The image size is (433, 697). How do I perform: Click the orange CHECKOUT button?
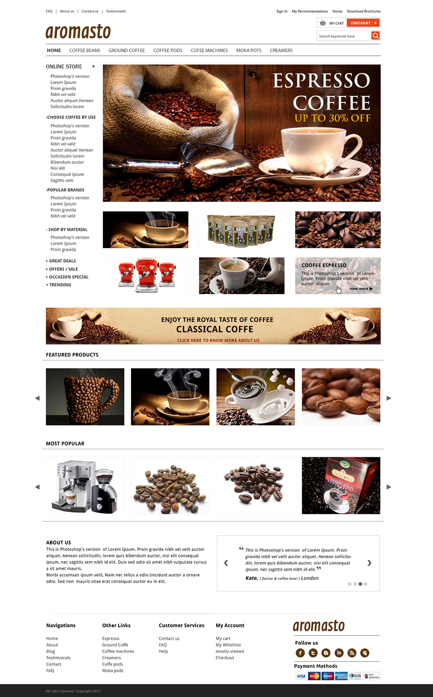point(363,23)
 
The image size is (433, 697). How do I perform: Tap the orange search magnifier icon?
point(375,36)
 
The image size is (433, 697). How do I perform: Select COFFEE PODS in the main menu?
point(168,51)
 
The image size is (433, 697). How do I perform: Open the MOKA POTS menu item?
point(249,51)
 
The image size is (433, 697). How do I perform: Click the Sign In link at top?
point(282,11)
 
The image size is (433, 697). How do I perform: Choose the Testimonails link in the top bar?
point(116,11)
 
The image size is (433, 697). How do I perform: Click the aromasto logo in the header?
point(78,32)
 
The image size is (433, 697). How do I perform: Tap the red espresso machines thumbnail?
point(145,276)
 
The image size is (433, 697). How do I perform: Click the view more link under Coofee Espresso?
point(361,289)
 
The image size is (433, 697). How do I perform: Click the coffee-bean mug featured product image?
point(85,396)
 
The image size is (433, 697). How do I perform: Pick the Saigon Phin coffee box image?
point(341,485)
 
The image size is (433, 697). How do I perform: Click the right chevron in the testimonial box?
point(369,563)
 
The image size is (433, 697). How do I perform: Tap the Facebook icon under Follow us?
point(300,653)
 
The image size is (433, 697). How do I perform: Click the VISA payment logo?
point(301,676)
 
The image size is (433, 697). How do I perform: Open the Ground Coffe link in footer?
point(115,645)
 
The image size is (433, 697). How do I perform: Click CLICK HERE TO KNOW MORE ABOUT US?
point(218,341)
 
